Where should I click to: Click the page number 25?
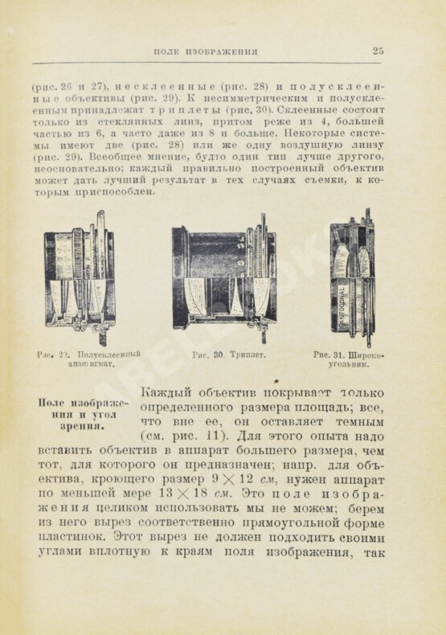378,51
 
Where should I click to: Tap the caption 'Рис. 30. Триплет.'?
229,354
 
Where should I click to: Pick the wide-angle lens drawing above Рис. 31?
352,276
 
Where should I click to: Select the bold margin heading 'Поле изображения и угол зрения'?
79,415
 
